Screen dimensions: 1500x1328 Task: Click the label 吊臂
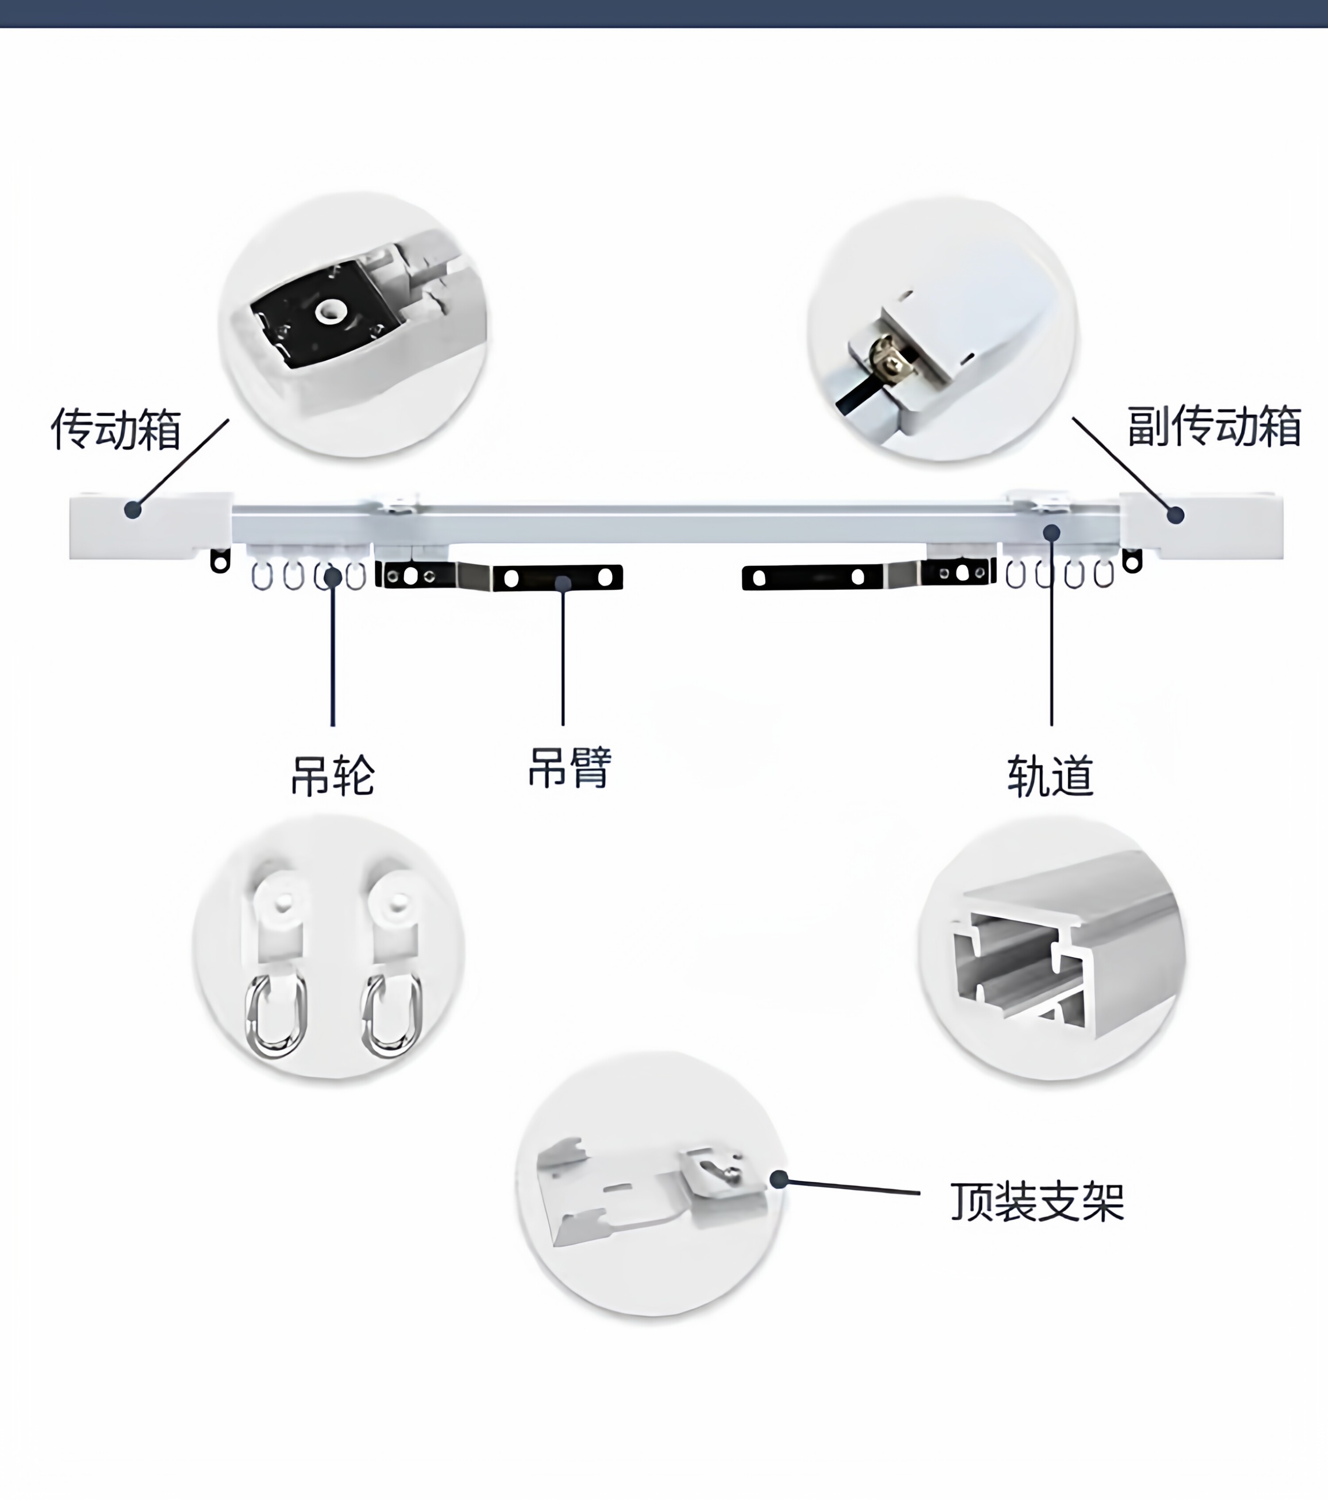[x=569, y=768]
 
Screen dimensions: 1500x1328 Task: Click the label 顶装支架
[x=1037, y=1201]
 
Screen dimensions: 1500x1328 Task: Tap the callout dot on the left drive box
[x=133, y=509]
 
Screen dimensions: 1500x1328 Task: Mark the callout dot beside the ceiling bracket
[x=779, y=1180]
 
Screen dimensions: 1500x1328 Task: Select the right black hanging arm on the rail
[x=866, y=576]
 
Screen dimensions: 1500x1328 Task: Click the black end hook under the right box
[x=1132, y=562]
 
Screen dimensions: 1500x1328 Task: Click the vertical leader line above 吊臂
[x=563, y=661]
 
